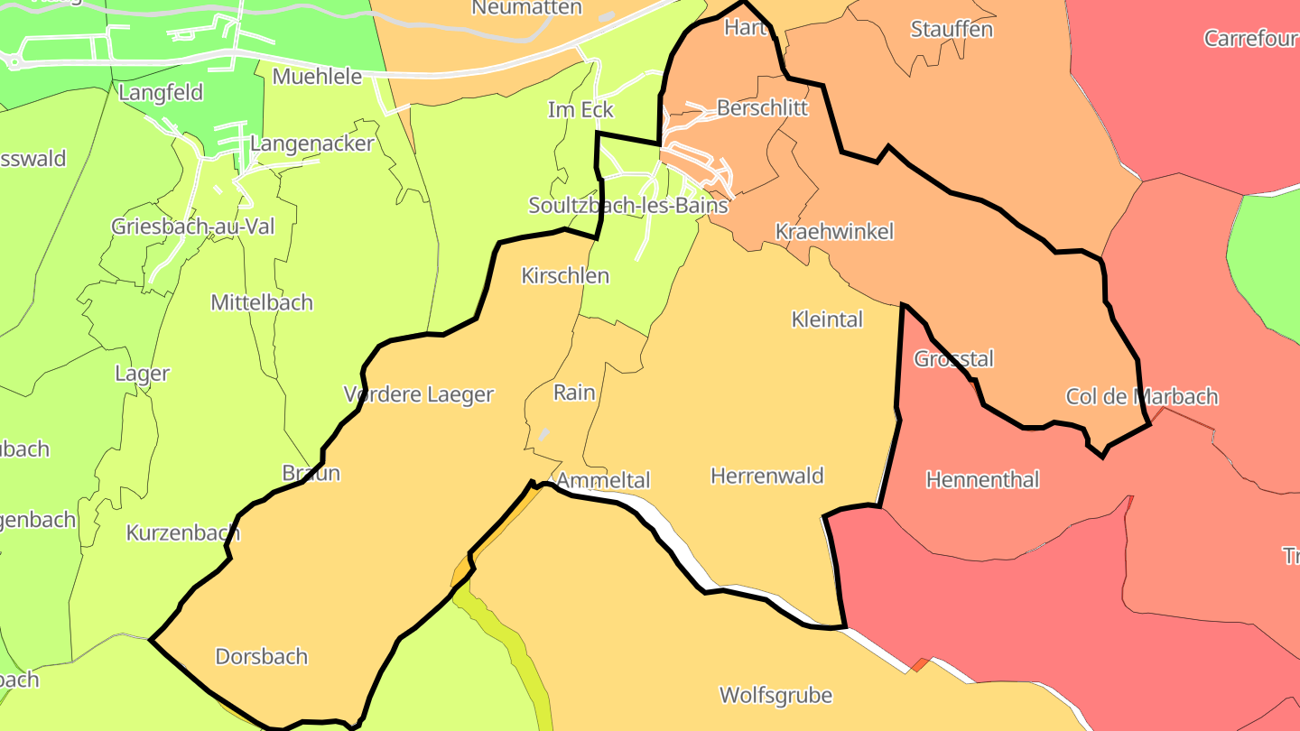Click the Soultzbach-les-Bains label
(x=627, y=205)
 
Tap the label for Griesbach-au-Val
(x=193, y=226)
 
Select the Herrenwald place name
(x=767, y=476)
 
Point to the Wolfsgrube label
(x=775, y=695)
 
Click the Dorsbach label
(x=262, y=656)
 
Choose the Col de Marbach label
(x=1141, y=396)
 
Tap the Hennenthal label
(x=982, y=479)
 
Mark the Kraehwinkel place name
(x=834, y=232)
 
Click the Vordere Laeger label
(x=419, y=394)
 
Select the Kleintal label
(x=827, y=319)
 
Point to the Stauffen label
(x=952, y=29)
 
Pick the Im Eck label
(x=580, y=110)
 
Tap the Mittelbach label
(x=262, y=302)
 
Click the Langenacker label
(x=311, y=143)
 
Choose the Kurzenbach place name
(x=183, y=532)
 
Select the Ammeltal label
(x=603, y=480)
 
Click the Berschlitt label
(x=762, y=108)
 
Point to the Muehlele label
(x=317, y=76)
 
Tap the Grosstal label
(x=953, y=359)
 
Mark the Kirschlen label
(x=565, y=276)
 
